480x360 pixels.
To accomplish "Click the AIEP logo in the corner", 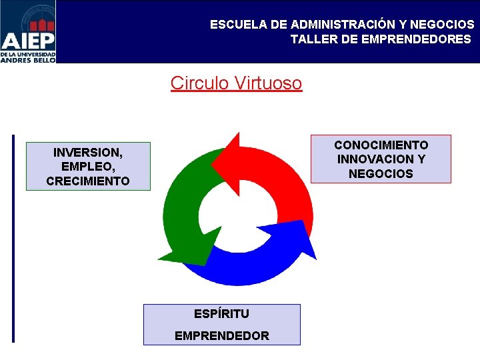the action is coord(28,31).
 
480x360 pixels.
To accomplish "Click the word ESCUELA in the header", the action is coord(239,25).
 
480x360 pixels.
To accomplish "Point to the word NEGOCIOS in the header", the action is coord(441,25).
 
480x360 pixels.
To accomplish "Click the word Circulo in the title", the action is coord(199,83).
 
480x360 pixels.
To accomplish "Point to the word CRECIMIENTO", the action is coord(88,181).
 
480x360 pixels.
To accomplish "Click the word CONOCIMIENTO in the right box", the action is coord(381,145).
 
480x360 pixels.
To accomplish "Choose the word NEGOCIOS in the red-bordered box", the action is coord(381,174).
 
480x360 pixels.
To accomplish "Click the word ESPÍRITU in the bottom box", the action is coord(221,313).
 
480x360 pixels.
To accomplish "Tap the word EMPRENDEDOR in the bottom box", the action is coord(222,336).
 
